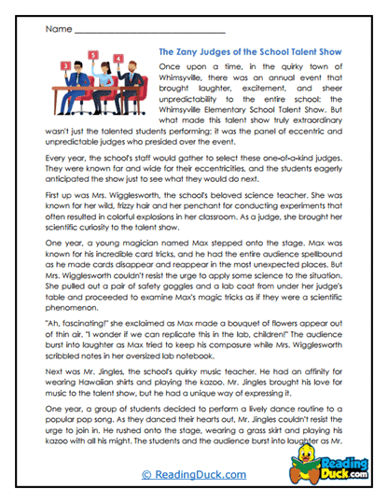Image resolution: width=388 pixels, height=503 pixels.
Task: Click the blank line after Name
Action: pyautogui.click(x=140, y=32)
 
